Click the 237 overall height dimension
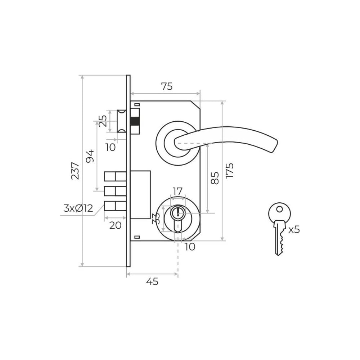pos(75,171)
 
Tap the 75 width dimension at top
pos(167,86)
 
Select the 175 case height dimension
pos(229,171)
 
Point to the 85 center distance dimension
pos(215,178)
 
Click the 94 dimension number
pos(90,156)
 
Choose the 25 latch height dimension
pos(103,121)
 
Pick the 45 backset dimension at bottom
pos(152,281)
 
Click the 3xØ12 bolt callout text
pos(78,208)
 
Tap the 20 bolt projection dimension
pos(115,225)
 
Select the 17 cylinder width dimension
pos(177,191)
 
